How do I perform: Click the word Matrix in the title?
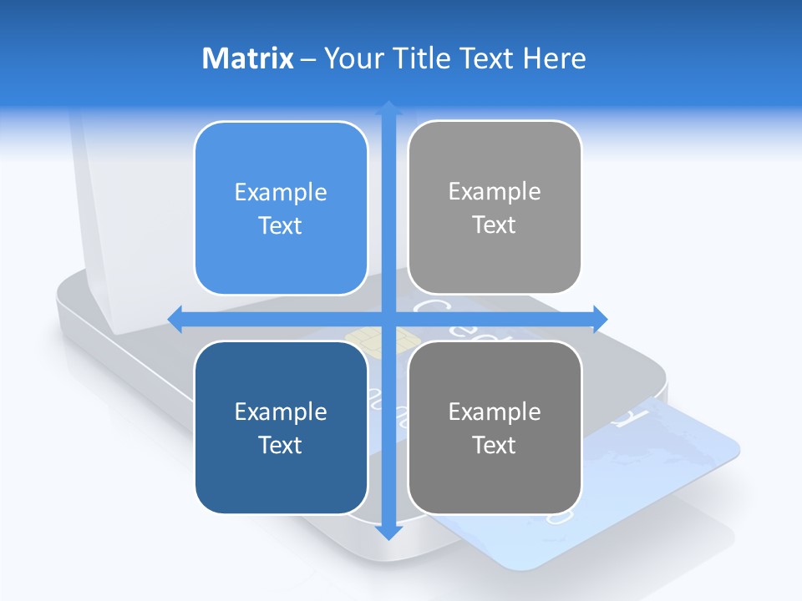[247, 58]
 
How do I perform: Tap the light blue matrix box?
[281, 208]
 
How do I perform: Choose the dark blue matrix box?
[281, 427]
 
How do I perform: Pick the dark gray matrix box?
[495, 427]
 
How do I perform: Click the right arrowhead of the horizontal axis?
[599, 318]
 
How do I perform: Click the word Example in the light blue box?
[281, 193]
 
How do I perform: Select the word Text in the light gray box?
[495, 225]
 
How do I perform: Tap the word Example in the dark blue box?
[281, 412]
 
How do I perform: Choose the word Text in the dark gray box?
[495, 446]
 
